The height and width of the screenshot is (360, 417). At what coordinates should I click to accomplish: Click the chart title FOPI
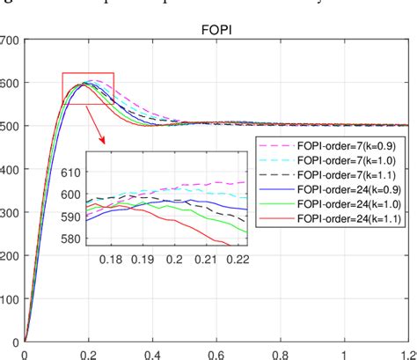coord(216,27)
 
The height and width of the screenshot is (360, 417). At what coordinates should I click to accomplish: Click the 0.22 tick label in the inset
coord(236,260)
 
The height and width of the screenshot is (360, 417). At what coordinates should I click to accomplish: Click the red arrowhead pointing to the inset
coord(104,140)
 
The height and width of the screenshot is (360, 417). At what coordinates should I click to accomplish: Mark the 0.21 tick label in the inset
coord(205,260)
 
